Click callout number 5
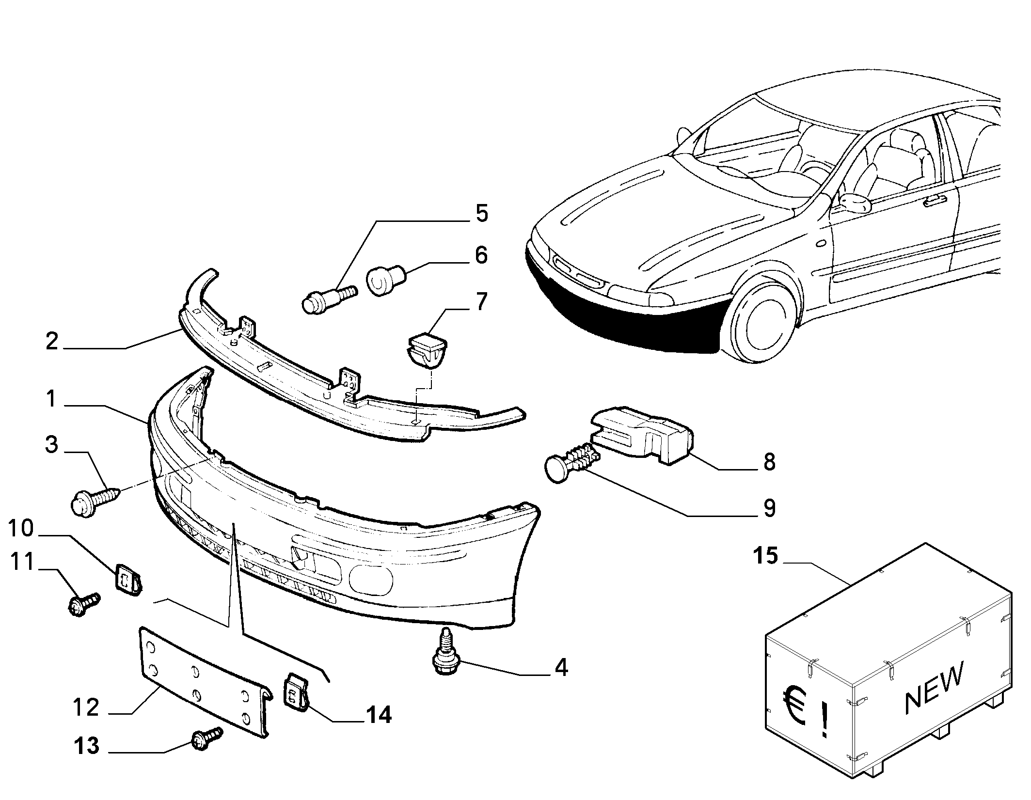coord(481,213)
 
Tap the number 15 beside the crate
coord(765,556)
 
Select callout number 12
coord(86,707)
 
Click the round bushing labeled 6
coord(386,279)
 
